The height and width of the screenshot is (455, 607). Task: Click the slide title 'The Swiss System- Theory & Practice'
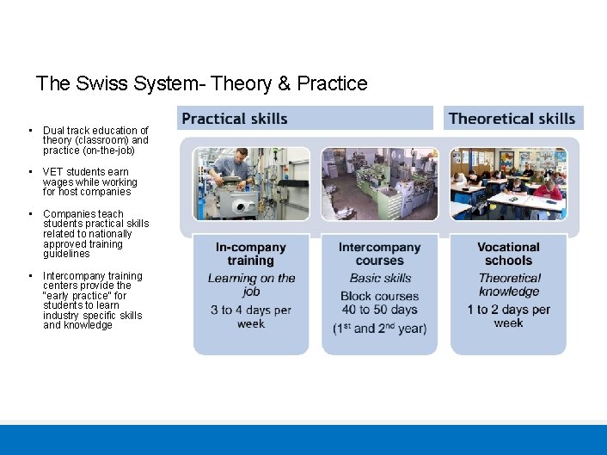tap(201, 83)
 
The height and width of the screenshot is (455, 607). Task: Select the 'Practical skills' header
tap(235, 119)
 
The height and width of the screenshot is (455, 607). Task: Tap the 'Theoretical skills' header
tap(512, 119)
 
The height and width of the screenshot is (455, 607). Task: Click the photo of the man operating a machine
tap(251, 183)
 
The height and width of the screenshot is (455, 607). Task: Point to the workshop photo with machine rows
tap(379, 183)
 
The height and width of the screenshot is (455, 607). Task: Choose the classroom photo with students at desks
tap(508, 183)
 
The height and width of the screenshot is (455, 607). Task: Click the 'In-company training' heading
tap(250, 254)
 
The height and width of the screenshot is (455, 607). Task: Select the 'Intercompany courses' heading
tap(379, 254)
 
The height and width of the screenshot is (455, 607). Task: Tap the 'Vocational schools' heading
tap(508, 254)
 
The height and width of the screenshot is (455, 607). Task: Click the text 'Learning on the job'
tap(251, 285)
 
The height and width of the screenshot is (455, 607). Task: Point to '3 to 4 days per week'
tap(251, 317)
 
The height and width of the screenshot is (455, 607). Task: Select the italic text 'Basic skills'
tap(380, 278)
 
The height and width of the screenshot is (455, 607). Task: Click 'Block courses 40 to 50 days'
tap(379, 303)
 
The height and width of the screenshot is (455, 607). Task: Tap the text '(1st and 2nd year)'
tap(379, 329)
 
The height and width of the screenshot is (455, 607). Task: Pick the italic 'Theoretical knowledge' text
tap(509, 285)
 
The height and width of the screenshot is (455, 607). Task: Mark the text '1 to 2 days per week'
tap(509, 316)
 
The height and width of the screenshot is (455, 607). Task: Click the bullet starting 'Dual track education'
tap(95, 140)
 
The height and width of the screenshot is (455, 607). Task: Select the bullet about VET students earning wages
tap(90, 181)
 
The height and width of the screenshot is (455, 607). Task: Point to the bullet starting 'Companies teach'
tap(95, 234)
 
